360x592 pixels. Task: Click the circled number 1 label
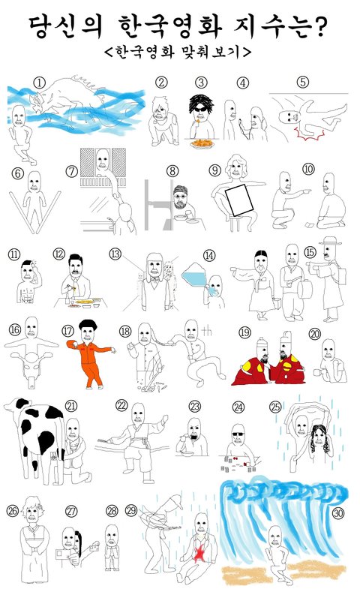[x=39, y=83]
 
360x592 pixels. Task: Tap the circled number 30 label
[x=337, y=512]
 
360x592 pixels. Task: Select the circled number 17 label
[x=67, y=331]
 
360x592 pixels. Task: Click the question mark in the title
[x=320, y=27]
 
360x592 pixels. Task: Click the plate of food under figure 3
[x=202, y=144]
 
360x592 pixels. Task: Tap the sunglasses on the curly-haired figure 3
[x=200, y=109]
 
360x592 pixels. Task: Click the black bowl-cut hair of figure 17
[x=88, y=324]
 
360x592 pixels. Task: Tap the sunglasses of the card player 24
[x=238, y=434]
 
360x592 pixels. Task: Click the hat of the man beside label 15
[x=329, y=241]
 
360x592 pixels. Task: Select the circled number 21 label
[x=71, y=406]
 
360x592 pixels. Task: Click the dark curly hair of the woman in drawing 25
[x=319, y=439]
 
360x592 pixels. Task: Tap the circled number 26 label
[x=13, y=511]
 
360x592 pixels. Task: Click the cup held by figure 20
[x=317, y=373]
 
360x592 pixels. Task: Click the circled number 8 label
[x=172, y=171]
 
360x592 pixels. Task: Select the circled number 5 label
[x=303, y=82]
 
